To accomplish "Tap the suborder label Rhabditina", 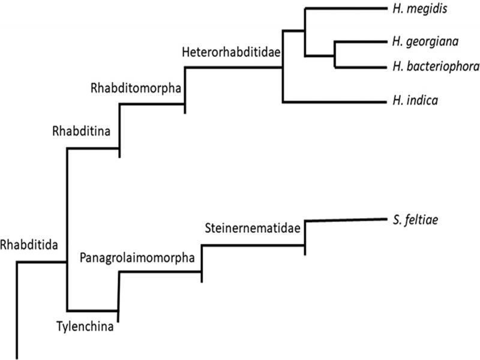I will [80, 130].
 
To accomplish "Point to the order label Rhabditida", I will [29, 244].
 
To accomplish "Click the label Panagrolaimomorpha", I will [137, 258].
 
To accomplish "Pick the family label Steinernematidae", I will [252, 228].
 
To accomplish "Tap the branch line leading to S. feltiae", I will [342, 221].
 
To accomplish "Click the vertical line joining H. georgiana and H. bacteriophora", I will [335, 54].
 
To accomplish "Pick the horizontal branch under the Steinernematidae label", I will [253, 245].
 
